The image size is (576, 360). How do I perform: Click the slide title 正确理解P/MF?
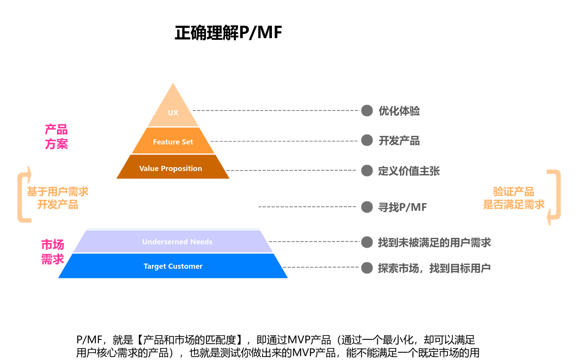[228, 33]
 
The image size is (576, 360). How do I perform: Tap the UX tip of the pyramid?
[173, 112]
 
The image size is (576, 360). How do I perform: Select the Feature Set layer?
[173, 141]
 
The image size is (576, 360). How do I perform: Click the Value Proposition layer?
[171, 168]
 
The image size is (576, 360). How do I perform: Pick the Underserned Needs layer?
[177, 242]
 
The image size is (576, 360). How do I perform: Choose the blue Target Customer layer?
[173, 266]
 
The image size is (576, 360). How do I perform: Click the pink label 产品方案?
[56, 137]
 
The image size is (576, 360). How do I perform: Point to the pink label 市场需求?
[53, 252]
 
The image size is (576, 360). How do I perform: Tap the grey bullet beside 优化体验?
[367, 111]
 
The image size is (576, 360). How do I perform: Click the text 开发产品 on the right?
[399, 141]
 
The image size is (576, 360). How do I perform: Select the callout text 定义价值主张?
[409, 171]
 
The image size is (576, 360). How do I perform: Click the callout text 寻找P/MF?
[402, 207]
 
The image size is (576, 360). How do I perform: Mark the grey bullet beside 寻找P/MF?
[367, 207]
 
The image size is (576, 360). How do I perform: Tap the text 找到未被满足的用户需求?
[434, 243]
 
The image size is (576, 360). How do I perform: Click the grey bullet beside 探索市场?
[367, 267]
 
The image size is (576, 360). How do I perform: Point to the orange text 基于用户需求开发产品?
[57, 198]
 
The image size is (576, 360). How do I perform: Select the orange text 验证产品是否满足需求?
[513, 198]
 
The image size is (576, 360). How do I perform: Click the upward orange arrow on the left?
[25, 194]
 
